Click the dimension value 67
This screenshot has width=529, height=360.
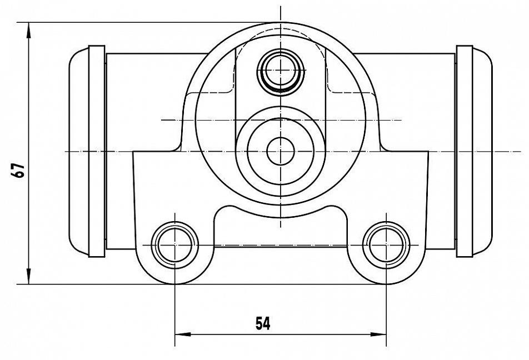18,171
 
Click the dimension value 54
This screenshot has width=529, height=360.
263,323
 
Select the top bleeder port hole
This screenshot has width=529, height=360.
281,70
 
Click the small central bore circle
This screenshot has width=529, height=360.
281,152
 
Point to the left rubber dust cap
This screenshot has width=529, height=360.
79,151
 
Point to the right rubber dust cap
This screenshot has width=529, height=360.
482,151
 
